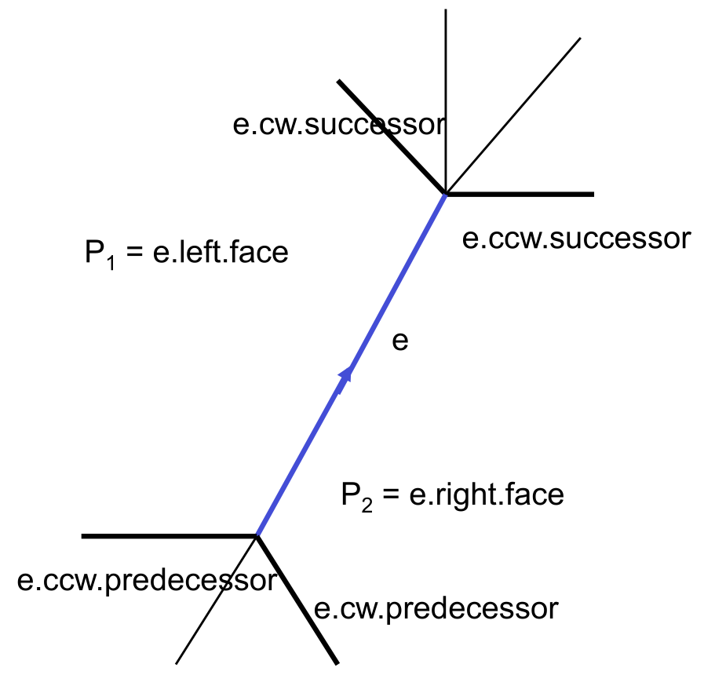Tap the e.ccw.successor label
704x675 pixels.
[576, 239]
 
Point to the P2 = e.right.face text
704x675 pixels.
[453, 495]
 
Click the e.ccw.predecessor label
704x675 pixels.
[147, 581]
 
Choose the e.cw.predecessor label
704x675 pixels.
[436, 608]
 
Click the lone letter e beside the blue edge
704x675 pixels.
[400, 343]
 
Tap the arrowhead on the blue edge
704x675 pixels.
[344, 378]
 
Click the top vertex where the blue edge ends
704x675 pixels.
[446, 193]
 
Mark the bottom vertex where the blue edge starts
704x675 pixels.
[257, 536]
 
